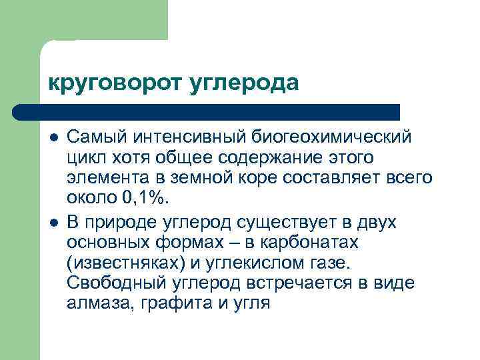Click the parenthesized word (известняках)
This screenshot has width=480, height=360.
[x=122, y=262]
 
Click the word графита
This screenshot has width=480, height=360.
[x=164, y=303]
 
